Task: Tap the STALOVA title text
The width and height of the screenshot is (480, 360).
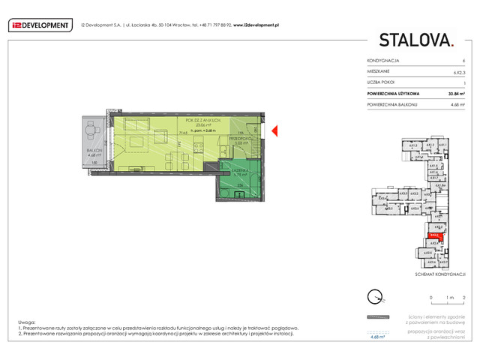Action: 415,40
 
